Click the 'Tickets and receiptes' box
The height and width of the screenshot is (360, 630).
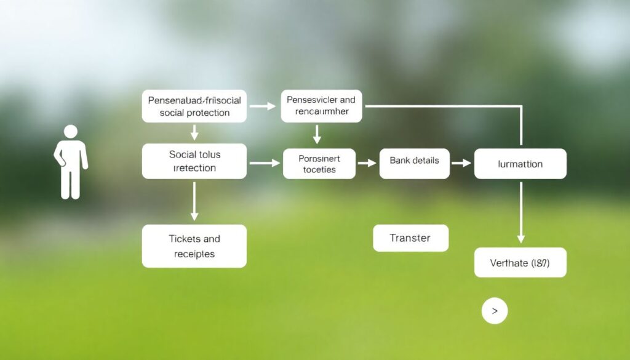(194, 246)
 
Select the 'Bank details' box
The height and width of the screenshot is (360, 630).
(414, 164)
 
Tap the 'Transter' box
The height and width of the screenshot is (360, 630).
(410, 238)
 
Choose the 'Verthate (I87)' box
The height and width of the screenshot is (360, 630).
(520, 263)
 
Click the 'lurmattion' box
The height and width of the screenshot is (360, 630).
(520, 164)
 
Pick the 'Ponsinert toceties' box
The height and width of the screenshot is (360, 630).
(319, 164)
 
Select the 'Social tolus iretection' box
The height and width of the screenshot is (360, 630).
(194, 161)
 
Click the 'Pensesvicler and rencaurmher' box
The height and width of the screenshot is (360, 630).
(321, 106)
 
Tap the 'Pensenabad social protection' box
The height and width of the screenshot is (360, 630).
(194, 106)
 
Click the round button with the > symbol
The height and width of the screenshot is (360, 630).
(495, 311)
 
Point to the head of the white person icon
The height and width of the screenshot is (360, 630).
(71, 131)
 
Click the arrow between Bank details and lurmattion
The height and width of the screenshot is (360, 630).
(461, 163)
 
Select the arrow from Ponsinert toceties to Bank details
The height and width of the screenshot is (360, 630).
(367, 163)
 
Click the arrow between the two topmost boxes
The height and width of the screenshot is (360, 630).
(263, 106)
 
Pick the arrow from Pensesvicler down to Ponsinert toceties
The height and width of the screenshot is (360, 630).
(317, 135)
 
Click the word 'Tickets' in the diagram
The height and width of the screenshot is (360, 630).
(184, 239)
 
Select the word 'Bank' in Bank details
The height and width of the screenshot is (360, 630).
(401, 160)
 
